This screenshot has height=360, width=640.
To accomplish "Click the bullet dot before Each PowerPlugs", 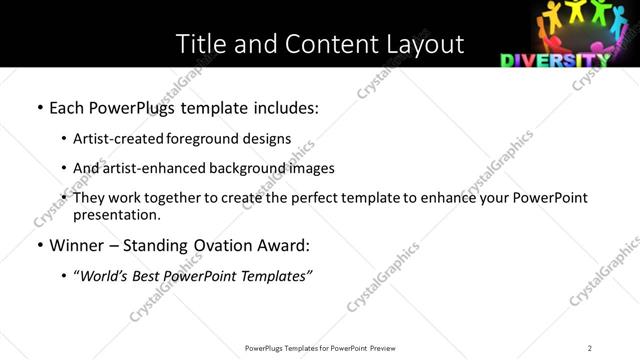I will [39, 107].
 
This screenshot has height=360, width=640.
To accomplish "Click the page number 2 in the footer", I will [590, 347].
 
